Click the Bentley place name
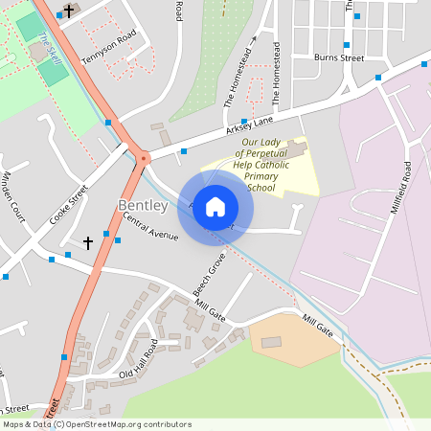(x=143, y=206)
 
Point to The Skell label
(x=50, y=45)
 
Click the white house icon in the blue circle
(x=215, y=206)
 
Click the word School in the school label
(x=261, y=188)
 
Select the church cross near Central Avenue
(x=88, y=242)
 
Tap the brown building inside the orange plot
(x=272, y=341)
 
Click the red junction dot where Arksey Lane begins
(x=144, y=158)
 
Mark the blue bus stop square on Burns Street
(x=347, y=44)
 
